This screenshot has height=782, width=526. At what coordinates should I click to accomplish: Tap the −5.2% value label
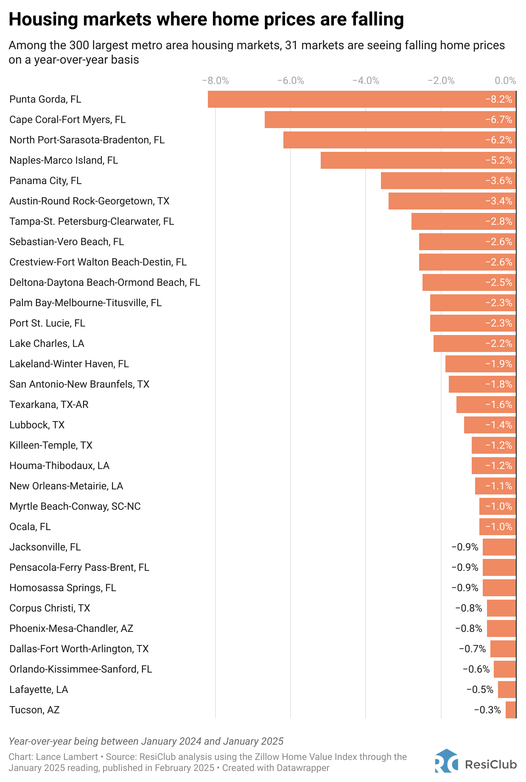coord(499,160)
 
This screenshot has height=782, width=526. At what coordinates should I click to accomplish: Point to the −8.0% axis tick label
coord(215,81)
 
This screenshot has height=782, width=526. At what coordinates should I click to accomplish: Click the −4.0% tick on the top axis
coord(366,81)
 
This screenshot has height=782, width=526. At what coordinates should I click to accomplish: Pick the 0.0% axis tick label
coord(506,81)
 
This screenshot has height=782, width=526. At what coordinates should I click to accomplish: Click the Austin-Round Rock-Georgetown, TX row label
coord(90,201)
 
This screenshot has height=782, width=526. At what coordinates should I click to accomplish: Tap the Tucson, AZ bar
coord(511,710)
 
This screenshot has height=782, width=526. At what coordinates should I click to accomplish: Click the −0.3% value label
coord(487,710)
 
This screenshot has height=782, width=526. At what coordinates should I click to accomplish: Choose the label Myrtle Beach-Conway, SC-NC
coord(75,506)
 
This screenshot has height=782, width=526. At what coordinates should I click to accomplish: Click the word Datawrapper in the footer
coord(303,768)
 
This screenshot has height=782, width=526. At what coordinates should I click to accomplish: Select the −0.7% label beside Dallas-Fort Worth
coord(473,649)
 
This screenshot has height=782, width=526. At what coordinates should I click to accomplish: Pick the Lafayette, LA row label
coord(39,690)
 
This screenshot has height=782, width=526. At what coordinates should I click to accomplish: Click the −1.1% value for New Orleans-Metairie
coord(499,486)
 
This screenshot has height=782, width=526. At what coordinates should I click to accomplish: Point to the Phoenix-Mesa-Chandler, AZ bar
coord(501,628)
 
